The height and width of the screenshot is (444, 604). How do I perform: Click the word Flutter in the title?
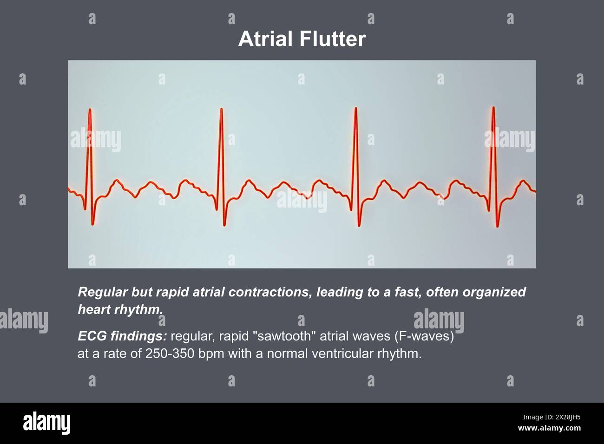tap(332, 39)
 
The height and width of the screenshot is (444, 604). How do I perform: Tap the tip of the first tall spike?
tap(90, 110)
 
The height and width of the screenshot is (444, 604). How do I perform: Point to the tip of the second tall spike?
tap(222, 109)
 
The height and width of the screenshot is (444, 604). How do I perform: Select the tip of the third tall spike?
tap(355, 109)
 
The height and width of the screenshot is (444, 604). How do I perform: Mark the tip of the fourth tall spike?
tap(493, 108)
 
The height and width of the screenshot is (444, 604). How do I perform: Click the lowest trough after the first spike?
tap(92, 224)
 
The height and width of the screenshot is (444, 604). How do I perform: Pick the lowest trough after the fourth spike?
tap(497, 226)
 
